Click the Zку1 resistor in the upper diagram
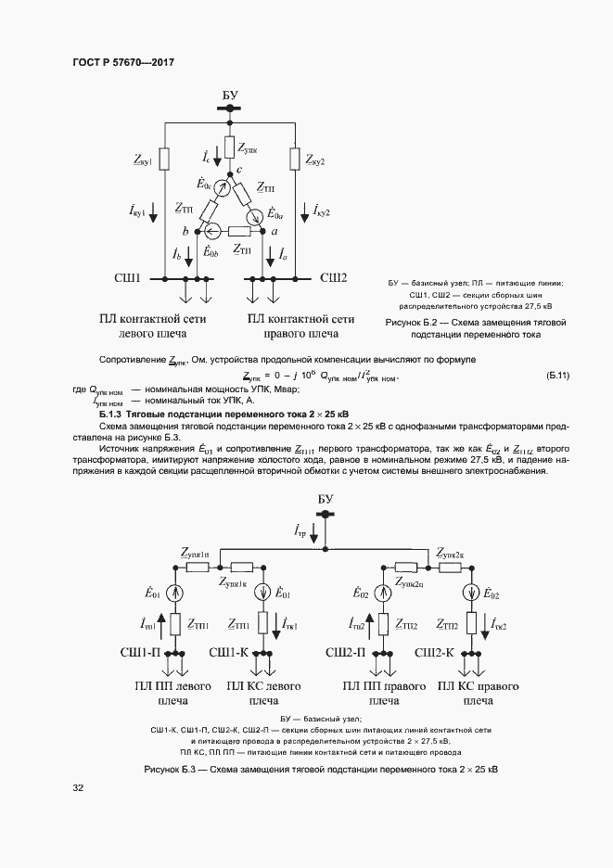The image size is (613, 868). [x=163, y=160]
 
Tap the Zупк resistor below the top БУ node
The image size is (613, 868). [x=228, y=147]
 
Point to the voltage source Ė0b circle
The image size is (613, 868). [x=211, y=232]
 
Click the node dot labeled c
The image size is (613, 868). [x=228, y=170]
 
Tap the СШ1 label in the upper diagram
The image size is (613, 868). [x=126, y=278]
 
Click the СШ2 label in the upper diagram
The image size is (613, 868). [x=333, y=277]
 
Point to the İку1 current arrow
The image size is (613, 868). [x=163, y=211]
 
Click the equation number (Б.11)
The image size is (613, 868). [x=557, y=376]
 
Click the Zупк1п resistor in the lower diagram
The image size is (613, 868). [x=198, y=568]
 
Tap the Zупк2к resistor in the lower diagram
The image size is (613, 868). [x=451, y=568]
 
